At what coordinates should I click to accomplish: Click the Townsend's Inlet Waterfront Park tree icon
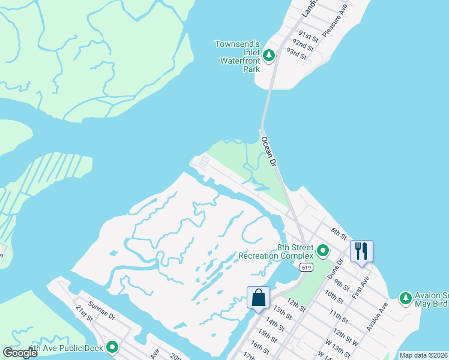pyautogui.click(x=270, y=56)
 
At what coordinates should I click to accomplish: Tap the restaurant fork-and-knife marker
pyautogui.click(x=361, y=250)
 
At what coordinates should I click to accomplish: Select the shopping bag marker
pyautogui.click(x=258, y=298)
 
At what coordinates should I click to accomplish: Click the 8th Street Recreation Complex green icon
pyautogui.click(x=323, y=250)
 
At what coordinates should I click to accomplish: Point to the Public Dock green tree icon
pyautogui.click(x=112, y=346)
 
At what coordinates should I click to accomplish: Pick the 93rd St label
pyautogui.click(x=297, y=54)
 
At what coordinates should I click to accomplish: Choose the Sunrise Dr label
pyautogui.click(x=100, y=308)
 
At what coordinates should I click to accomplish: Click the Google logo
pyautogui.click(x=20, y=353)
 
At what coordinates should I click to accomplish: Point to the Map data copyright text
pyautogui.click(x=423, y=355)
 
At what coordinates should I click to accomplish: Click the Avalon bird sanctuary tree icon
pyautogui.click(x=406, y=298)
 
